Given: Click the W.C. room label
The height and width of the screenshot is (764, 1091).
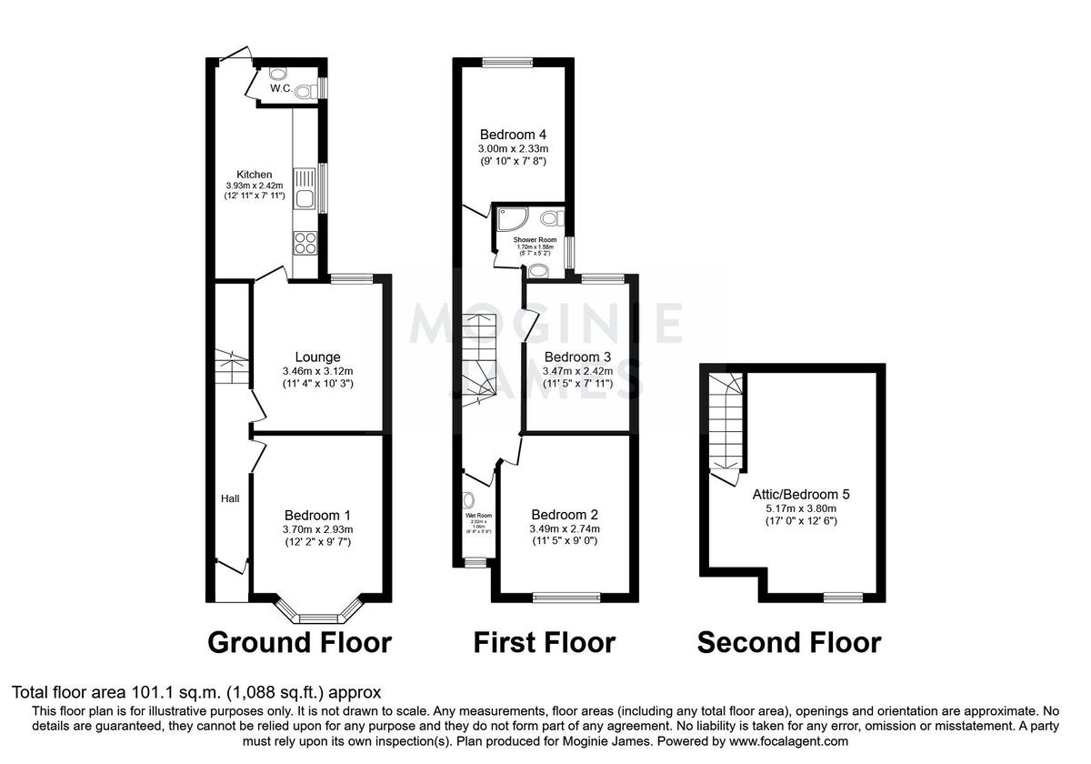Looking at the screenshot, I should coord(280,88).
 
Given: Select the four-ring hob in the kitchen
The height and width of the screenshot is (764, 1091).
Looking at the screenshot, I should coord(305,243).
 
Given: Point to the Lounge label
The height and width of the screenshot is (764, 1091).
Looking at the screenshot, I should coord(317,357).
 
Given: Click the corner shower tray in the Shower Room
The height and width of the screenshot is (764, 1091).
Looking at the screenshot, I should coord(506,219).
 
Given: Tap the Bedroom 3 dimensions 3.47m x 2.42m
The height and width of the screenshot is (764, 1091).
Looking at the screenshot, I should coord(576,371).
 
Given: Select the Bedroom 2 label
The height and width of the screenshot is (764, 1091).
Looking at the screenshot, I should coord(565,514).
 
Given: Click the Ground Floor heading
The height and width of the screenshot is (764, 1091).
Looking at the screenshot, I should coord(299,643).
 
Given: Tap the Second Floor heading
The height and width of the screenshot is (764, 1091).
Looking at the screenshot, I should coord(788,643).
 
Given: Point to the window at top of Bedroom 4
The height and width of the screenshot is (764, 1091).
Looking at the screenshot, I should coord(507,62).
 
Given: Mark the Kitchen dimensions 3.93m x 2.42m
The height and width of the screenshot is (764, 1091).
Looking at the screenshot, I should coord(255,185).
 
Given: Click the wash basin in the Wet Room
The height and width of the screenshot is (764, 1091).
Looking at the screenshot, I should coord(469,499).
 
